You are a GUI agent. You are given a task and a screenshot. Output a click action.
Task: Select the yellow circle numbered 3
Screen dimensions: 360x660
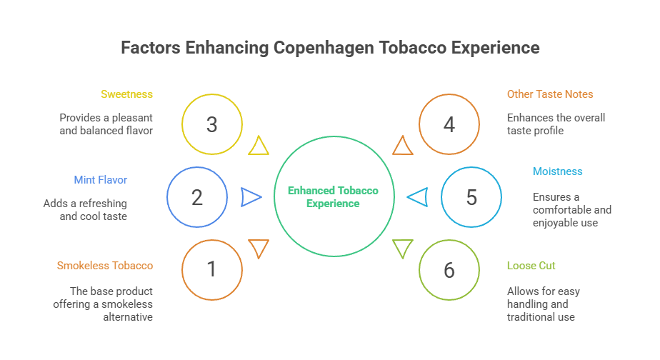pyautogui.click(x=211, y=125)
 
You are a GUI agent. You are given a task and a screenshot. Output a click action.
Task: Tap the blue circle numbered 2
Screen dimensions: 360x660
pyautogui.click(x=197, y=197)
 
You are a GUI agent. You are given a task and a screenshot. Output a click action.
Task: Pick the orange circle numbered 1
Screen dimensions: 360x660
pyautogui.click(x=211, y=269)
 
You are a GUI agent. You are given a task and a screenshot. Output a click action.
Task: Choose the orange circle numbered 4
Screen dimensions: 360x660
pyautogui.click(x=449, y=125)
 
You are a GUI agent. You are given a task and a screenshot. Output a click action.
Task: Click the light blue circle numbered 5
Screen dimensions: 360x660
pyautogui.click(x=471, y=197)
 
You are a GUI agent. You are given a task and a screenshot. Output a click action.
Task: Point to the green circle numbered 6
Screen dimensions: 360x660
pyautogui.click(x=449, y=270)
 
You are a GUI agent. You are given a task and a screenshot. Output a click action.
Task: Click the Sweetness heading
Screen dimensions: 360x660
pyautogui.click(x=126, y=94)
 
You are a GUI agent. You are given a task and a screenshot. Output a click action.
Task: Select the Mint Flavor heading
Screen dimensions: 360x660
pyautogui.click(x=100, y=180)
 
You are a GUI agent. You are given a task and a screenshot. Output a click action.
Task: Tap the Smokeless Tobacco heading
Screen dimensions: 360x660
pyautogui.click(x=105, y=266)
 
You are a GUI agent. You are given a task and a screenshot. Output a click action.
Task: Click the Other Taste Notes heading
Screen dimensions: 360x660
pyautogui.click(x=550, y=94)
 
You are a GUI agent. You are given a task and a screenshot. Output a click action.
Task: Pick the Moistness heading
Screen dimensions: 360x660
pyautogui.click(x=557, y=171)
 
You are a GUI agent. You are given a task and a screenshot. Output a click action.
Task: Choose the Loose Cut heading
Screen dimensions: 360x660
pyautogui.click(x=531, y=266)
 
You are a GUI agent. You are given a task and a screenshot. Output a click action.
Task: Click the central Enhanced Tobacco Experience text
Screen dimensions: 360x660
pyautogui.click(x=333, y=197)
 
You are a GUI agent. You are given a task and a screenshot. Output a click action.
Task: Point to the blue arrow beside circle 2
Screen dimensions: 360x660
pyautogui.click(x=251, y=197)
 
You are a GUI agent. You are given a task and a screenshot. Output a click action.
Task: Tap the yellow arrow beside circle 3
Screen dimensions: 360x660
pyautogui.click(x=259, y=146)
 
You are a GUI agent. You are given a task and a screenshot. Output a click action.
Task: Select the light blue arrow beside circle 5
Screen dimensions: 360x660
pyautogui.click(x=417, y=197)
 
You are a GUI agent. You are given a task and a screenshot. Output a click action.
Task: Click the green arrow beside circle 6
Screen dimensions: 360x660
pyautogui.click(x=403, y=249)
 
